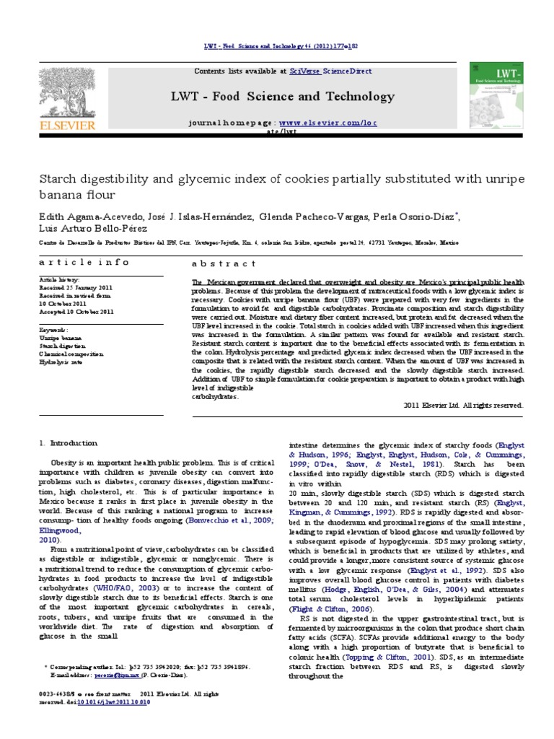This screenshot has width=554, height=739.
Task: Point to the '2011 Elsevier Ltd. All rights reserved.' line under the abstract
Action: (x=462, y=406)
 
